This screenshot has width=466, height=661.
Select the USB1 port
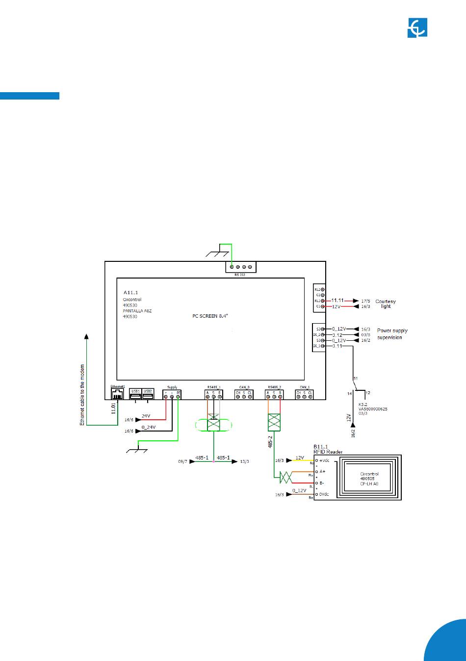coord(135,395)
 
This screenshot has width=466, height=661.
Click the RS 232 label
coord(240,275)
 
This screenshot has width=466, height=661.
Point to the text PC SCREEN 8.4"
coord(210,316)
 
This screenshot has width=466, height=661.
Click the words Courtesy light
coord(386,304)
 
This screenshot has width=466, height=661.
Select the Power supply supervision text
coord(392,334)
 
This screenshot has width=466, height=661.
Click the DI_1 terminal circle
coord(323,346)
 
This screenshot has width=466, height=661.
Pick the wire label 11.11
coord(337,300)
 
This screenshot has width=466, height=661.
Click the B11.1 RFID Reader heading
coord(328,449)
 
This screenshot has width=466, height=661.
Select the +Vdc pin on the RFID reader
coord(317,460)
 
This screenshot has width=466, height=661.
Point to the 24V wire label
coord(146,416)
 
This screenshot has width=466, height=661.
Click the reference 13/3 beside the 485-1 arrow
coord(244,461)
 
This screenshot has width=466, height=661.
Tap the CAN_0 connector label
coord(244,387)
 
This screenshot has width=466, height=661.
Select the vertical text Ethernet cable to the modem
coord(82,395)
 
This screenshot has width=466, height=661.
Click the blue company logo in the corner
coord(417,27)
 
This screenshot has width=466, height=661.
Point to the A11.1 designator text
coord(130,292)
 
